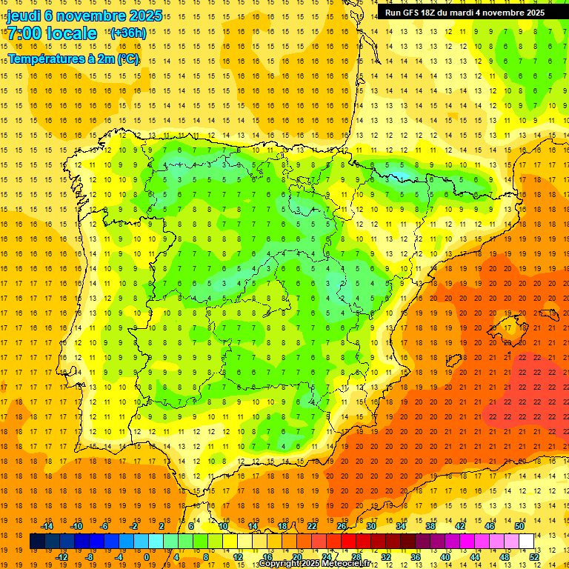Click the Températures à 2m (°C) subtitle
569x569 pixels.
(x=73, y=59)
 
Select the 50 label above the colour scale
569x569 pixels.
(x=519, y=526)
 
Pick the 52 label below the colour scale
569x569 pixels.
(x=534, y=557)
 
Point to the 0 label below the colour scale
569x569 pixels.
(x=147, y=557)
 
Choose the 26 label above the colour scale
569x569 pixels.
(x=342, y=526)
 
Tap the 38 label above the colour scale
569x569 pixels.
(x=430, y=526)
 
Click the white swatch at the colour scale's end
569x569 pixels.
(x=527, y=542)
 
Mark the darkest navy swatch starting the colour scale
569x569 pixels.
(x=37, y=542)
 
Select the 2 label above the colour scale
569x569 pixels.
(x=162, y=526)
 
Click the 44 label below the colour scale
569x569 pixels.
(x=475, y=557)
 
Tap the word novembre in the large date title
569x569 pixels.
(x=86, y=16)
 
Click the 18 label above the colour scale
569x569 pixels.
(x=282, y=526)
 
